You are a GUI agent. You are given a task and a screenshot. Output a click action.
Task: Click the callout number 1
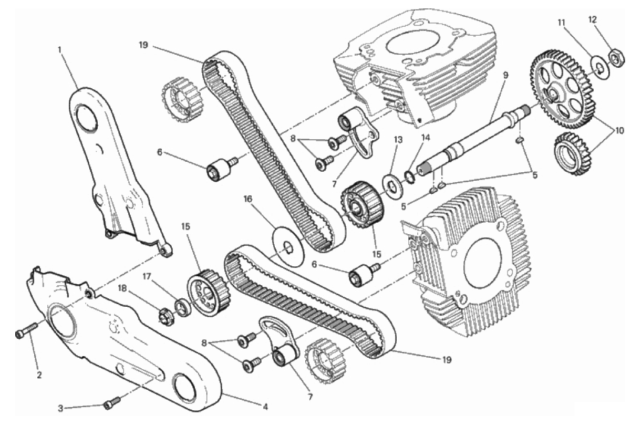(x=59, y=50)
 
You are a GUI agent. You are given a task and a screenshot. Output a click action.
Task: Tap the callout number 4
(x=265, y=407)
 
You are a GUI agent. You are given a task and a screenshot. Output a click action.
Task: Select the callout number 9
(x=505, y=75)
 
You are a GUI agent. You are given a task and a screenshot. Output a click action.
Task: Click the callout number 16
(x=248, y=199)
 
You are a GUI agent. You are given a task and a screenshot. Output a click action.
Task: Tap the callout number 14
(x=426, y=138)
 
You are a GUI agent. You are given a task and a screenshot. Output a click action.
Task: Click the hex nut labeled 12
(x=615, y=59)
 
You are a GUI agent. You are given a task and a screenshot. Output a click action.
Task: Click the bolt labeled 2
(x=26, y=331)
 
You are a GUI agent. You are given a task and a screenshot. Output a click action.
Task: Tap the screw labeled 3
(x=112, y=403)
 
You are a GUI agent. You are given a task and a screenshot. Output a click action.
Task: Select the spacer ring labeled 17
(x=183, y=308)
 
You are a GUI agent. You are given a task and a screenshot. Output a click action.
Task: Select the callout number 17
(x=147, y=277)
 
